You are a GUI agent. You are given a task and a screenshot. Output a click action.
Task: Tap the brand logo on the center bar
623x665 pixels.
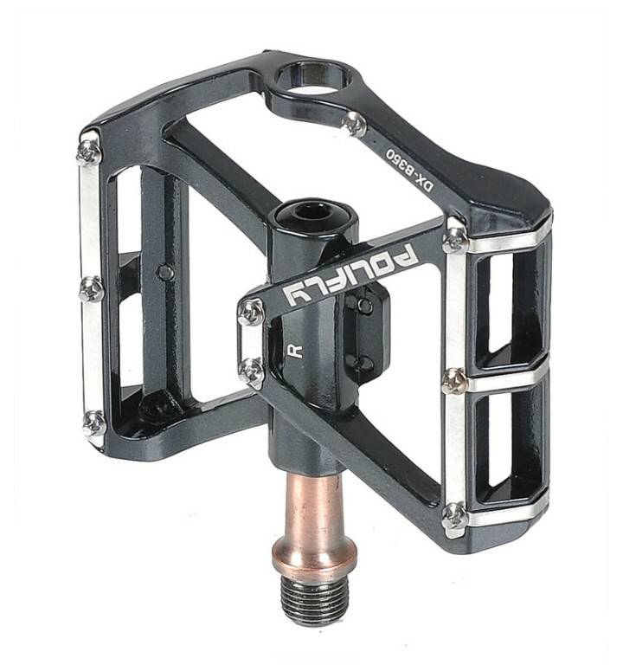pyautogui.click(x=350, y=275)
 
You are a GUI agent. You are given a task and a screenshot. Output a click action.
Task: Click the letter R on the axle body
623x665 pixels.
pyautogui.click(x=294, y=351)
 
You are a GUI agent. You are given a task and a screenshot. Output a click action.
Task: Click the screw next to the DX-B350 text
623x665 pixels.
pyautogui.click(x=354, y=125)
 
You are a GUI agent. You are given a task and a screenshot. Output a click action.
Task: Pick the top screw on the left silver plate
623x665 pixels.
pyautogui.click(x=88, y=152)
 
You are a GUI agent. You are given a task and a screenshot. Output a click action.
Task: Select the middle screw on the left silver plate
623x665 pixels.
pyautogui.click(x=91, y=289)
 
